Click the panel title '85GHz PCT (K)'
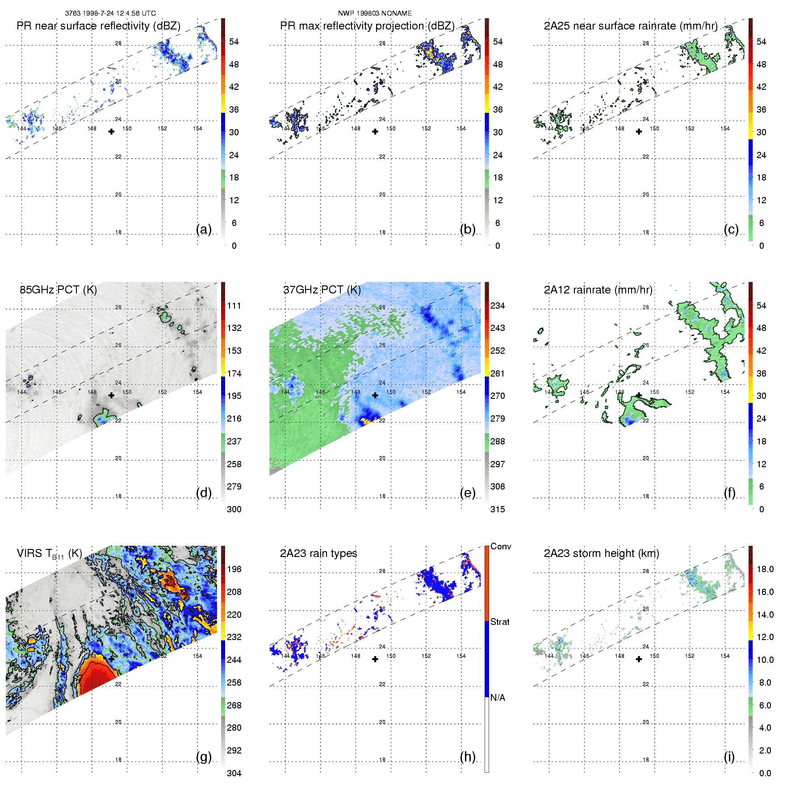tap(58, 290)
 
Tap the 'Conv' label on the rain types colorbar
tap(500, 547)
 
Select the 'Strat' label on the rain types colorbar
tap(500, 622)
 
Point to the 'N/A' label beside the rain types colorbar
tap(498, 698)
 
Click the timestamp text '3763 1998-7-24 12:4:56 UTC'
tap(110, 13)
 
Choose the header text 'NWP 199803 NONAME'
tap(375, 13)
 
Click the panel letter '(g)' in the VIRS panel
tap(204, 757)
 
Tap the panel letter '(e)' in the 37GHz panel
tap(468, 493)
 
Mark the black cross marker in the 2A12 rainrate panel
tap(639, 395)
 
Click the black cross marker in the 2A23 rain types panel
tap(375, 659)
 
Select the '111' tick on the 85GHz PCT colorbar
tap(234, 306)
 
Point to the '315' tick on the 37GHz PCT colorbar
tap(498, 510)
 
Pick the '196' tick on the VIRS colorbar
tap(234, 569)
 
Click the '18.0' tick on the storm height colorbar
tap(765, 569)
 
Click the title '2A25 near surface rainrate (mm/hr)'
tap(631, 26)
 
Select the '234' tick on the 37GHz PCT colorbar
tap(498, 306)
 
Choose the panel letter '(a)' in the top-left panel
tap(204, 229)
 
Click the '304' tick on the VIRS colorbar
tap(234, 774)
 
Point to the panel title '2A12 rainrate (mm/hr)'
tap(598, 290)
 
